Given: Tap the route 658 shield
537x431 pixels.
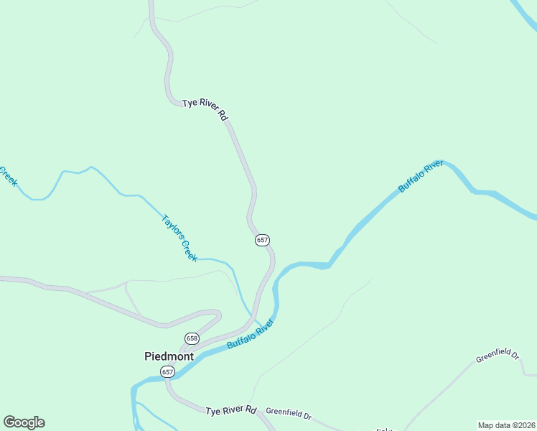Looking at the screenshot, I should pos(192,338).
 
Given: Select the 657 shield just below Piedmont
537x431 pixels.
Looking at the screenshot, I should pos(167,371).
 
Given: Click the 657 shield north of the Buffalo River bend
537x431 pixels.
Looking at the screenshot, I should pos(262,240).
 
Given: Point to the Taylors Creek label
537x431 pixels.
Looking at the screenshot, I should pos(179,238).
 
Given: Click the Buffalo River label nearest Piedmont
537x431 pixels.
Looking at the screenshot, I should pos(251,334).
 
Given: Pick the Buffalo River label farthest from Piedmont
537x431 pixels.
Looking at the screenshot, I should pos(421,177).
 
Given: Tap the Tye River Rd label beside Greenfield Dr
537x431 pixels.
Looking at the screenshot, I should pos(230,411).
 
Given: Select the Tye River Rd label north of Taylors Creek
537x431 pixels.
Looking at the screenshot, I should pos(205,109).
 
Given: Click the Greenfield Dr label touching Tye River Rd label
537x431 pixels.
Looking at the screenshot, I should pos(289,415).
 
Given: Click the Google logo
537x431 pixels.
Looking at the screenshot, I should pos(24,422).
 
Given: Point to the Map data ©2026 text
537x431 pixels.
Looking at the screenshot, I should pos(506,425).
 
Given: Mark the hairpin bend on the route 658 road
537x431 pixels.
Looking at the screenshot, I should pos(218,315).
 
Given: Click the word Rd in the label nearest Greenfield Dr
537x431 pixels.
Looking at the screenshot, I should pos(250,410).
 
